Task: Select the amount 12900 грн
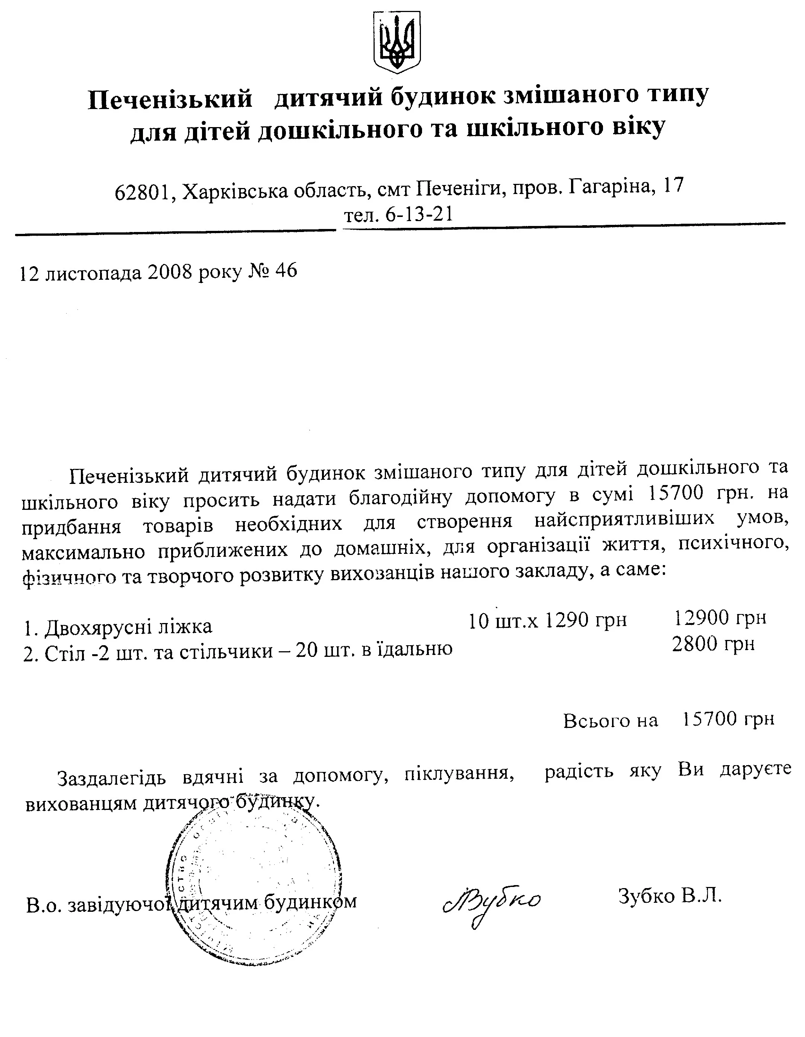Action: (x=720, y=618)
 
